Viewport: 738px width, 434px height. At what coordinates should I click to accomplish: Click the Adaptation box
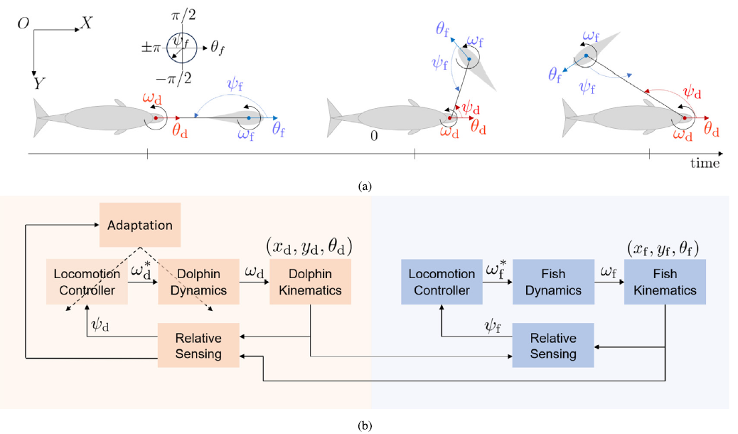coord(140,225)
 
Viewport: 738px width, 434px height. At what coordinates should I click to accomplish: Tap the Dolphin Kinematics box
coord(311,282)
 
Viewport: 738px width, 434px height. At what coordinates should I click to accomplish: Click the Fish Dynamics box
coord(553,282)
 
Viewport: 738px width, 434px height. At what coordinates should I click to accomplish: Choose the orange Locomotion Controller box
coord(85,282)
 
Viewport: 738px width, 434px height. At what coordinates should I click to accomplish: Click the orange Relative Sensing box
coord(199,345)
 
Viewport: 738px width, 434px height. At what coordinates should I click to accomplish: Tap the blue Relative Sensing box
coord(553,345)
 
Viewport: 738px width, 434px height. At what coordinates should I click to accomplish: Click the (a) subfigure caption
coord(365,186)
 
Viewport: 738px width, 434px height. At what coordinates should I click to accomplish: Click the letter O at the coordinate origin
coord(23,24)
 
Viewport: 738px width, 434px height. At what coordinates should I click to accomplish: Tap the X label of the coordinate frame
coord(87,23)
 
